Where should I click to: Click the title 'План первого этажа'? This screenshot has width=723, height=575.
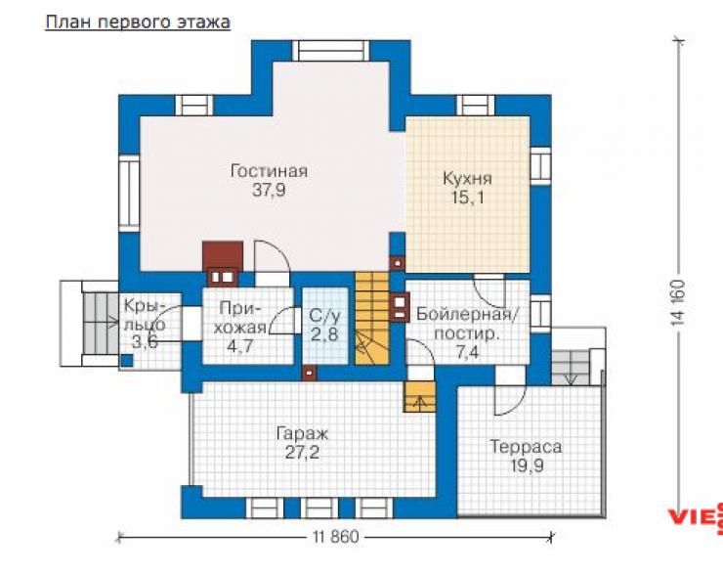click(138, 22)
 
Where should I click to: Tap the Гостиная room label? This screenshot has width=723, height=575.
click(269, 171)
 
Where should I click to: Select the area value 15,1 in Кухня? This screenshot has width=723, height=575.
click(468, 198)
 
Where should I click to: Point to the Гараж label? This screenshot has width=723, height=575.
click(302, 434)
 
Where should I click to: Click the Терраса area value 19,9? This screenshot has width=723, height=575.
click(527, 465)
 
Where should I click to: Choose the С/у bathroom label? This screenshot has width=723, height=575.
click(325, 316)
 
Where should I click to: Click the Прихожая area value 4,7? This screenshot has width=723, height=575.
click(240, 345)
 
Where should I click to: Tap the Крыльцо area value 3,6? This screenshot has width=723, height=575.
click(145, 342)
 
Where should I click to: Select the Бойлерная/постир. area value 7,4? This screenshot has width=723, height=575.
click(468, 353)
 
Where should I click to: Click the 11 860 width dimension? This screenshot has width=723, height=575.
click(335, 537)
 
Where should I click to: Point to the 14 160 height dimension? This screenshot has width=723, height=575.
click(678, 304)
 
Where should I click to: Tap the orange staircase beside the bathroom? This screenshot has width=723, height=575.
click(372, 318)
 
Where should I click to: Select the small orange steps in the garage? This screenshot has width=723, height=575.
click(419, 396)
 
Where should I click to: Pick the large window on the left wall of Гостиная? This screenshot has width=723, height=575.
click(129, 193)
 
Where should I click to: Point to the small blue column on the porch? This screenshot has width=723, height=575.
click(127, 361)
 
